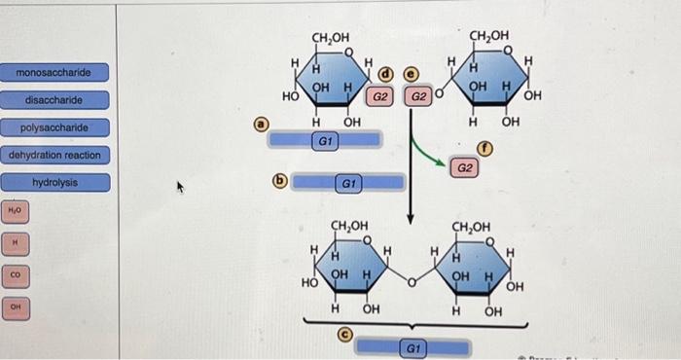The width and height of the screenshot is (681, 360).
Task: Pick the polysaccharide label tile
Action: (55, 127)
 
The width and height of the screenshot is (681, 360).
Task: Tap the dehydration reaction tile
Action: (55, 155)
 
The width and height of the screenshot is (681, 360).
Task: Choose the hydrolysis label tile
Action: (55, 182)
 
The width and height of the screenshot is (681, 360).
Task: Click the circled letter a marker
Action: (260, 124)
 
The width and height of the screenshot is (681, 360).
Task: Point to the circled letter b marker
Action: (281, 181)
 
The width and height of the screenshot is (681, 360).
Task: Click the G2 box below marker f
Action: (465, 168)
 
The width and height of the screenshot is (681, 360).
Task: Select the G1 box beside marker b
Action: (348, 182)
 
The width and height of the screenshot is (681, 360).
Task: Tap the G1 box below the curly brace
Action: (412, 345)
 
